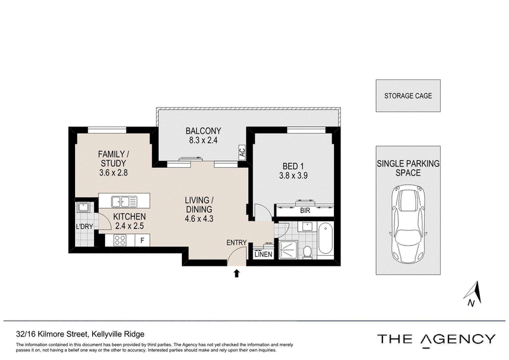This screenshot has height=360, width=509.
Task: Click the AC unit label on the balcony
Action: [x=242, y=151]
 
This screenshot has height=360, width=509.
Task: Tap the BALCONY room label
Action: [x=203, y=131]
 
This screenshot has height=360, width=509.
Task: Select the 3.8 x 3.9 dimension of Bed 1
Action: [x=293, y=176]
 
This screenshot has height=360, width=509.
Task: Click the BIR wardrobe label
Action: [x=305, y=211]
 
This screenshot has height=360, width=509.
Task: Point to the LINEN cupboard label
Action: [x=263, y=254]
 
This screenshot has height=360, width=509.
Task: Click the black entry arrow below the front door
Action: [x=237, y=273]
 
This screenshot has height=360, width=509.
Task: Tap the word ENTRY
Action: [x=236, y=242]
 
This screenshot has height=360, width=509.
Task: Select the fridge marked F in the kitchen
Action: [x=142, y=240]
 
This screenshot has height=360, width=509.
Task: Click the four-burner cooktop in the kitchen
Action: [x=120, y=240]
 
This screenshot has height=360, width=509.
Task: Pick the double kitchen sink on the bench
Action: [x=124, y=202]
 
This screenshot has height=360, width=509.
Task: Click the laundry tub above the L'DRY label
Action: [x=83, y=207]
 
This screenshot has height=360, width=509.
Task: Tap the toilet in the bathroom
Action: [x=307, y=253]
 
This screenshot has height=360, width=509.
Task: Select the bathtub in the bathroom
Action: [x=326, y=240]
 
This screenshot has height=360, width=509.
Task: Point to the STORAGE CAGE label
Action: [x=408, y=96]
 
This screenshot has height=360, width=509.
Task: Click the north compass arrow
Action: [x=473, y=293]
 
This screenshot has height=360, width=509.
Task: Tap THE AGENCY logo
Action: [x=436, y=340]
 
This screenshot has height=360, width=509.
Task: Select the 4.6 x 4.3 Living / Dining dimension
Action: [x=199, y=219]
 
